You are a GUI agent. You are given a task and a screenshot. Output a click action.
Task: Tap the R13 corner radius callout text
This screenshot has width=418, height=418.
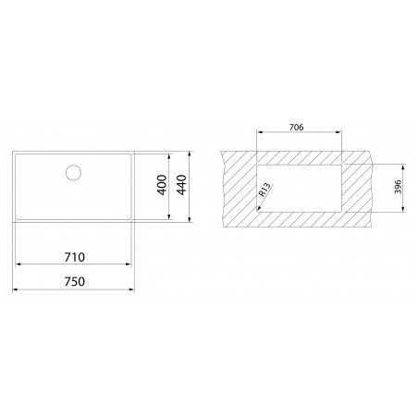(265, 192)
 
